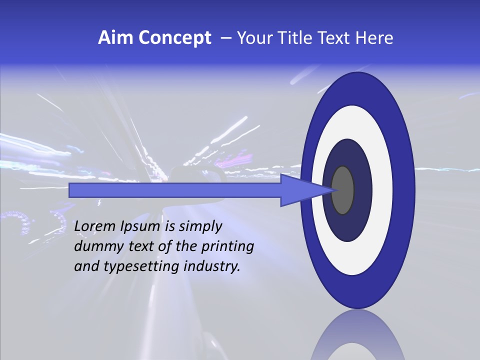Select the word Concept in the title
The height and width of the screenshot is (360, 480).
click(x=174, y=38)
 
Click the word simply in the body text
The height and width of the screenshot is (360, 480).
click(x=200, y=227)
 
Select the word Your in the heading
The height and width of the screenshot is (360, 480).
click(x=253, y=38)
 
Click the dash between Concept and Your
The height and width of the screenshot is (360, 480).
click(x=225, y=38)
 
